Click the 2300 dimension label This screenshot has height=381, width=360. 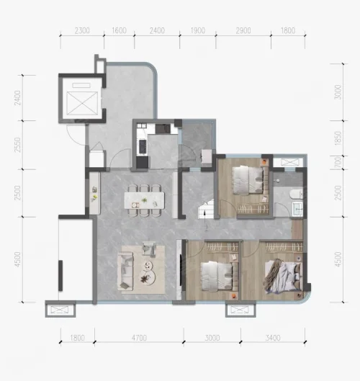click(x=82, y=31)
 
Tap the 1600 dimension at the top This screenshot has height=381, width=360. click(x=119, y=30)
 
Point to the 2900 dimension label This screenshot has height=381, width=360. click(x=243, y=31)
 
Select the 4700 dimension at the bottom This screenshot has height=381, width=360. click(x=139, y=338)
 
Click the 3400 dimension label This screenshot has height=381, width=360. click(x=273, y=338)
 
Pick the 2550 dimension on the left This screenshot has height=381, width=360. click(x=17, y=145)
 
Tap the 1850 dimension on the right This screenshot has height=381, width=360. click(x=338, y=138)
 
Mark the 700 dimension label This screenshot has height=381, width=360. click(x=338, y=163)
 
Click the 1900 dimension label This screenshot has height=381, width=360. click(x=198, y=31)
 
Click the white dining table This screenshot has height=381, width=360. click(x=144, y=200)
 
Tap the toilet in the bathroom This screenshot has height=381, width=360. click(x=297, y=194)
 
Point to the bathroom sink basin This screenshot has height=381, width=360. click(x=297, y=208)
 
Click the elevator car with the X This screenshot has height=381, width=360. click(x=82, y=103)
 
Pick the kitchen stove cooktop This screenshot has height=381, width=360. click(x=142, y=147)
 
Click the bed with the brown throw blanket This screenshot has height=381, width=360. click(x=283, y=276)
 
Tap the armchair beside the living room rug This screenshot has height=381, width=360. click(x=149, y=248)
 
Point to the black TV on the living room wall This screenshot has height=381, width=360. click(x=181, y=269)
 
